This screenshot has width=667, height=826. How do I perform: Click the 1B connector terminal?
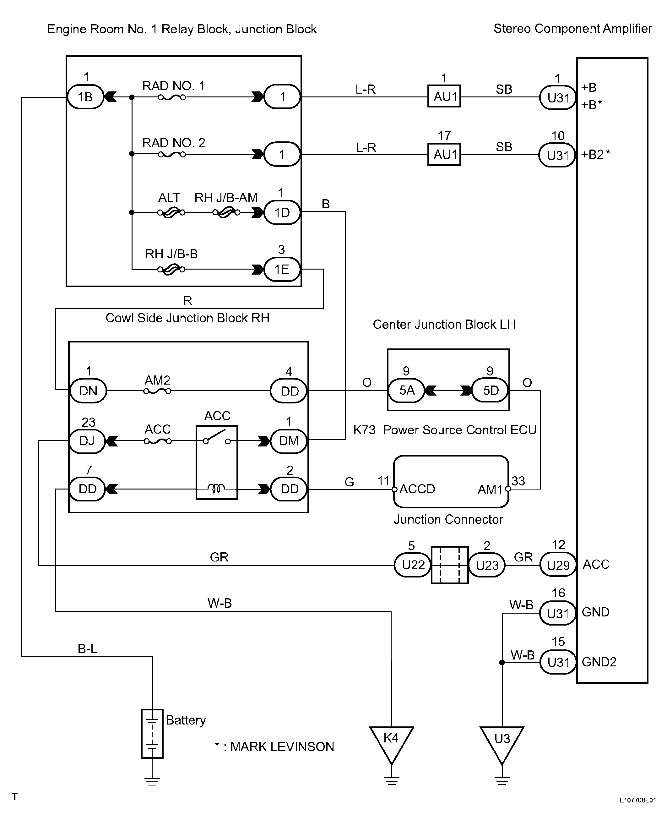pyautogui.click(x=85, y=97)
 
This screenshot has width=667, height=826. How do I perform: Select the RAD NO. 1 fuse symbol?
pyautogui.click(x=172, y=97)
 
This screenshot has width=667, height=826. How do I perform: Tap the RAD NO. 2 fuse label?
pyautogui.click(x=174, y=143)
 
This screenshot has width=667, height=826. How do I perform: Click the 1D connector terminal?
pyautogui.click(x=282, y=212)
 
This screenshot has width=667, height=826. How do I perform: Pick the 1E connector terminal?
pyautogui.click(x=282, y=269)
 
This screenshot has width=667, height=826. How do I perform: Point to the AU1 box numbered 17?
pyautogui.click(x=444, y=155)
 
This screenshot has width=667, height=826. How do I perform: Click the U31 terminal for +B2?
pyautogui.click(x=557, y=155)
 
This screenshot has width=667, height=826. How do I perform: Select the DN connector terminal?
pyautogui.click(x=88, y=391)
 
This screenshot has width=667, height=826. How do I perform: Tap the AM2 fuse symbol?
pyautogui.click(x=157, y=391)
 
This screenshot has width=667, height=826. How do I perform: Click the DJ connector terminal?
pyautogui.click(x=87, y=441)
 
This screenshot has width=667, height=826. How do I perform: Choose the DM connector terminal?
pyautogui.click(x=289, y=441)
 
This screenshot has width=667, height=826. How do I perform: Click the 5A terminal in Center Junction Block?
pyautogui.click(x=406, y=391)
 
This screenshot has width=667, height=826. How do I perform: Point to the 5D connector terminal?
pyautogui.click(x=490, y=391)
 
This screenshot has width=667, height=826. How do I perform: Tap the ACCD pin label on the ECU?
pyautogui.click(x=417, y=489)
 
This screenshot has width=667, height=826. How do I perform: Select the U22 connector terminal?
pyautogui.click(x=413, y=565)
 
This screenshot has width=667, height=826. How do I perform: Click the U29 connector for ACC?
pyautogui.click(x=558, y=565)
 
